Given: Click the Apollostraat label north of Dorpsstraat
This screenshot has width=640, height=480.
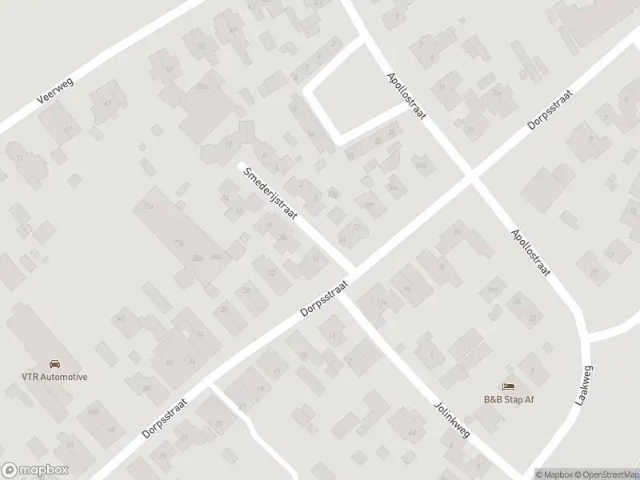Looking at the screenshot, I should coord(406,95).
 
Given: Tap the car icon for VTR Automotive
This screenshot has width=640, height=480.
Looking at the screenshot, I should coord(54,363).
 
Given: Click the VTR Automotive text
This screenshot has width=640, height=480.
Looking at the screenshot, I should coord(54,377).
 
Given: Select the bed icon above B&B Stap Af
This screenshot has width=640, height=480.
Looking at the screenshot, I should coord(508,386).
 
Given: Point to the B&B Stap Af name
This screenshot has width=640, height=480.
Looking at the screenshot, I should coord(508,399).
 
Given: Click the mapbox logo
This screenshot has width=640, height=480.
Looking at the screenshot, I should coord(34,470).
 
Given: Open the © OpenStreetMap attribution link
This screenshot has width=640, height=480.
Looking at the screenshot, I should coord(602,474).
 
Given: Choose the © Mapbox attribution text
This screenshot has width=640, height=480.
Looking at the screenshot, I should coord(552,474).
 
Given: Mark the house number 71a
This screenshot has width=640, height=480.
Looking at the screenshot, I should coord(147,206).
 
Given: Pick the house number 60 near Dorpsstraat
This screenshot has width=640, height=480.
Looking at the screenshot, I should coord(170,362).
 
